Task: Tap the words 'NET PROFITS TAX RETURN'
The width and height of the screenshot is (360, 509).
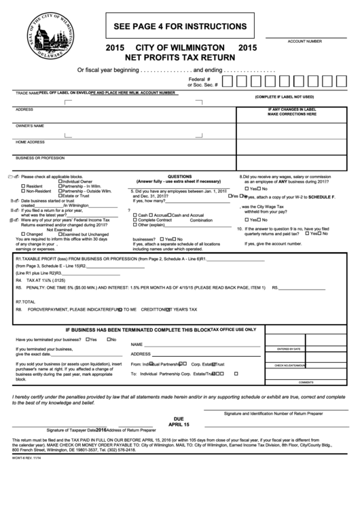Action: point(180,58)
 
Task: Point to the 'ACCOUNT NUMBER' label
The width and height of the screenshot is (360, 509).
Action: point(304,41)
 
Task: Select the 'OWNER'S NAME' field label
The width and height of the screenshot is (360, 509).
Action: point(30,126)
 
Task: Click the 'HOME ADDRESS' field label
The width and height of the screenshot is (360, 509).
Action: point(30,142)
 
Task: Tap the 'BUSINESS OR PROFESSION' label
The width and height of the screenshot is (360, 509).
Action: point(40,158)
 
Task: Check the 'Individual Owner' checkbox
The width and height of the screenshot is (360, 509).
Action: point(60,181)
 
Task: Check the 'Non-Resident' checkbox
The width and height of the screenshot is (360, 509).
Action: point(24,191)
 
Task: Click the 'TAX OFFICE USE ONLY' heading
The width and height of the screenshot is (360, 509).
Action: point(234,329)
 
